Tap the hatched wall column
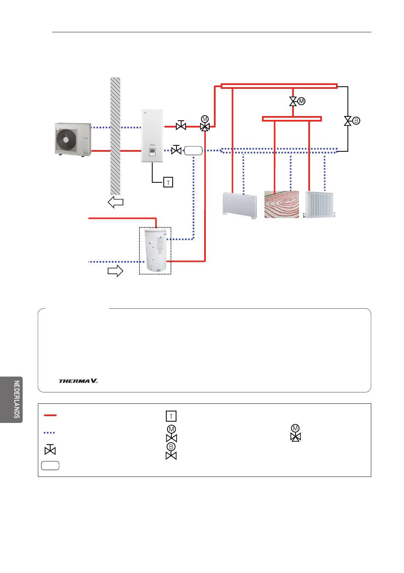115,136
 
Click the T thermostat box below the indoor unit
168,182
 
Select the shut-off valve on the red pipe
181,125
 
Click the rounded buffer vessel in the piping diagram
193,150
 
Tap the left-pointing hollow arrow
115,202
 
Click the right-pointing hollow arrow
115,271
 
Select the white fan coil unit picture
239,205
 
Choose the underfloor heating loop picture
282,204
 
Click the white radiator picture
319,204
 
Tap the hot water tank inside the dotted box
155,250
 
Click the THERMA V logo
78,381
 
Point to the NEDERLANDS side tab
11,400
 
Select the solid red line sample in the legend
50,415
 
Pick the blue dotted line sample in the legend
49,433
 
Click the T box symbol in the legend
171,416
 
